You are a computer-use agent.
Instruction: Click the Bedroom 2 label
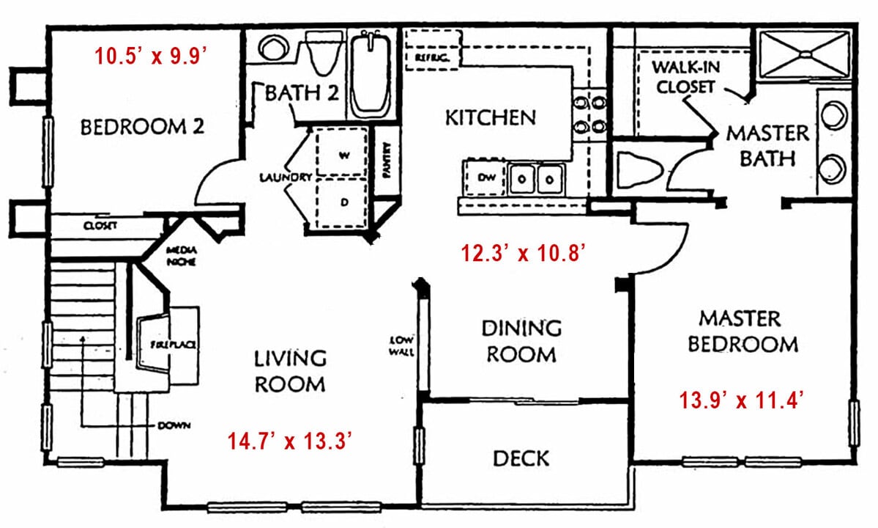[x=142, y=127]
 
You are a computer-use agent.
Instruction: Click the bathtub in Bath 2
[x=370, y=73]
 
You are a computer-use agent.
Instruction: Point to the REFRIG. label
[x=432, y=58]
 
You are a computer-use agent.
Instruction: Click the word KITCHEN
[x=491, y=117]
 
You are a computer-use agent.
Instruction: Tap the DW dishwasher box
[x=485, y=177]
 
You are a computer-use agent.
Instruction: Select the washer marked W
[x=341, y=153]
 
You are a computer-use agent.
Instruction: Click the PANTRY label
[x=386, y=161]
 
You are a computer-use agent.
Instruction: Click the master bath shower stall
[x=805, y=54]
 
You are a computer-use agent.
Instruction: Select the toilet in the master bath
[x=639, y=169]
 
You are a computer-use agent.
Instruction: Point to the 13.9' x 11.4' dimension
[x=743, y=400]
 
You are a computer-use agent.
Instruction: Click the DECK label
[x=521, y=458]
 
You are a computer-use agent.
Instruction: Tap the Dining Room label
[x=521, y=341]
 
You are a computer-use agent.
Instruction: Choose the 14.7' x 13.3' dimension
[x=289, y=441]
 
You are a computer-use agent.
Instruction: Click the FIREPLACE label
[x=173, y=345]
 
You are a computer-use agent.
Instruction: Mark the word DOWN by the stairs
[x=174, y=425]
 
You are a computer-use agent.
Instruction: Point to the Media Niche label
[x=181, y=256]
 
